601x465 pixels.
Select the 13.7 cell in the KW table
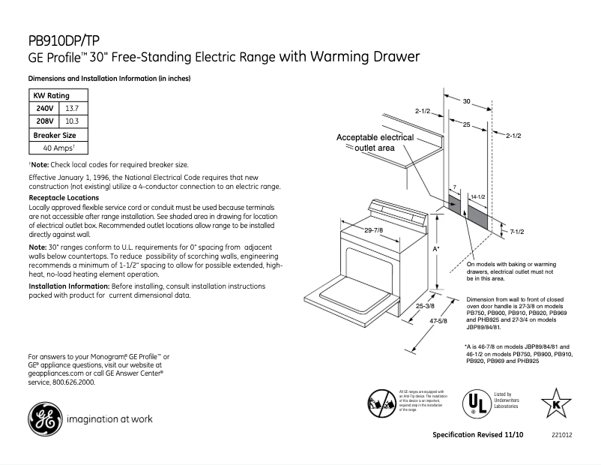click(73, 109)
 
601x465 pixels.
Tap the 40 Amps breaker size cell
click(58, 148)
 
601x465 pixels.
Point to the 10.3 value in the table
click(73, 121)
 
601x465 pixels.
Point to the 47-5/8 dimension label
click(438, 321)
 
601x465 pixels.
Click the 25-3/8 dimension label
click(425, 306)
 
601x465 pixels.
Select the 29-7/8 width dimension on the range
click(373, 229)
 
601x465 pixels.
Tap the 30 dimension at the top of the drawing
click(466, 100)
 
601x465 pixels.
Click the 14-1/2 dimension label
click(478, 196)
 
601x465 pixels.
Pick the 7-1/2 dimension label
click(516, 232)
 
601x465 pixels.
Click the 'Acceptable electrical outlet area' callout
click(375, 143)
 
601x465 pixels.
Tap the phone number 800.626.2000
click(72, 382)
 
